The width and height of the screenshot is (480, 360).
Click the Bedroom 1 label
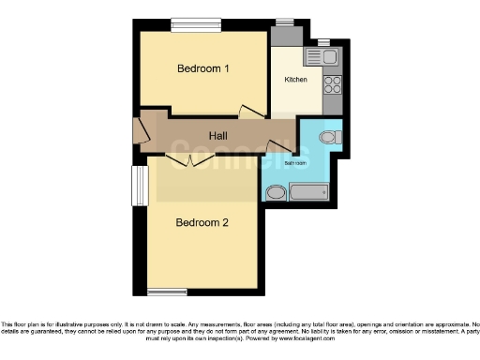coord(203,68)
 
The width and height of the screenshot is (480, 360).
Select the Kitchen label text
coord(296,80)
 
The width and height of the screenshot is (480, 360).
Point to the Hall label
coord(217,137)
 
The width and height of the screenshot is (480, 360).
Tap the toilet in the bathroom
coord(327,138)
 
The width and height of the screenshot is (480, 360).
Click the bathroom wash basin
coord(276,193)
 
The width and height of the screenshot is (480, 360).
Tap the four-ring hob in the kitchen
coord(331,85)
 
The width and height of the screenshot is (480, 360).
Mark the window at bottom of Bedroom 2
coord(167,290)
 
